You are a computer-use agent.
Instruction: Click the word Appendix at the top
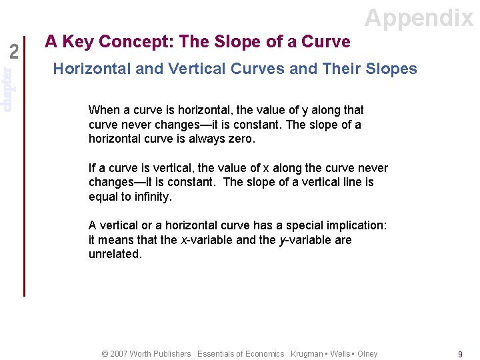click(419, 17)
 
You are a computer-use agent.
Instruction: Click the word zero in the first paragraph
click(241, 139)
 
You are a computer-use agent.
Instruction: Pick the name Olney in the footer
click(367, 354)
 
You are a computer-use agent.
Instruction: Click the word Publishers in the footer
click(170, 354)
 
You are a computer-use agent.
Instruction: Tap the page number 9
click(460, 355)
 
